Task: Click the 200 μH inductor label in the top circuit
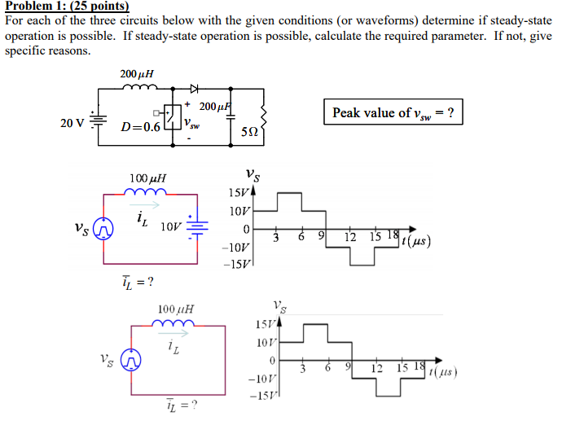point(137,74)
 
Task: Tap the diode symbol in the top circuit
point(195,89)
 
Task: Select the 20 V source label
point(72,124)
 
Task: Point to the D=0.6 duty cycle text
point(141,127)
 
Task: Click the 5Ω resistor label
point(250,130)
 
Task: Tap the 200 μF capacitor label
point(215,107)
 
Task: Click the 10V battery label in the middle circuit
point(173,226)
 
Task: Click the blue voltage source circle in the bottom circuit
point(131,359)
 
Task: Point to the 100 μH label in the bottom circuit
point(176,309)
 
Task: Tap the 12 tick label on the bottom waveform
point(376,368)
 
